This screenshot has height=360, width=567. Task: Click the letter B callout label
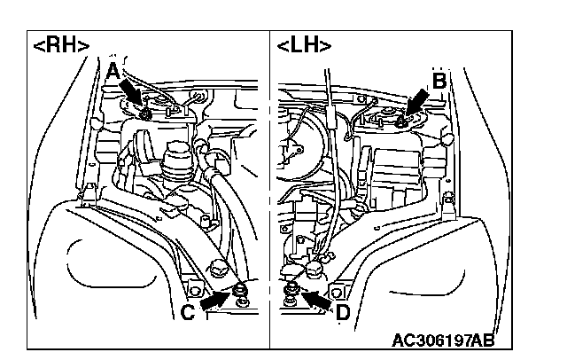(x=439, y=81)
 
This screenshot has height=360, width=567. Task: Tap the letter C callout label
(x=188, y=311)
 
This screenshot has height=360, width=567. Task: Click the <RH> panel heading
(x=61, y=45)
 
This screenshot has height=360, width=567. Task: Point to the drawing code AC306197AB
(x=443, y=340)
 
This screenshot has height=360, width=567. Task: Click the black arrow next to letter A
(x=129, y=93)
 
